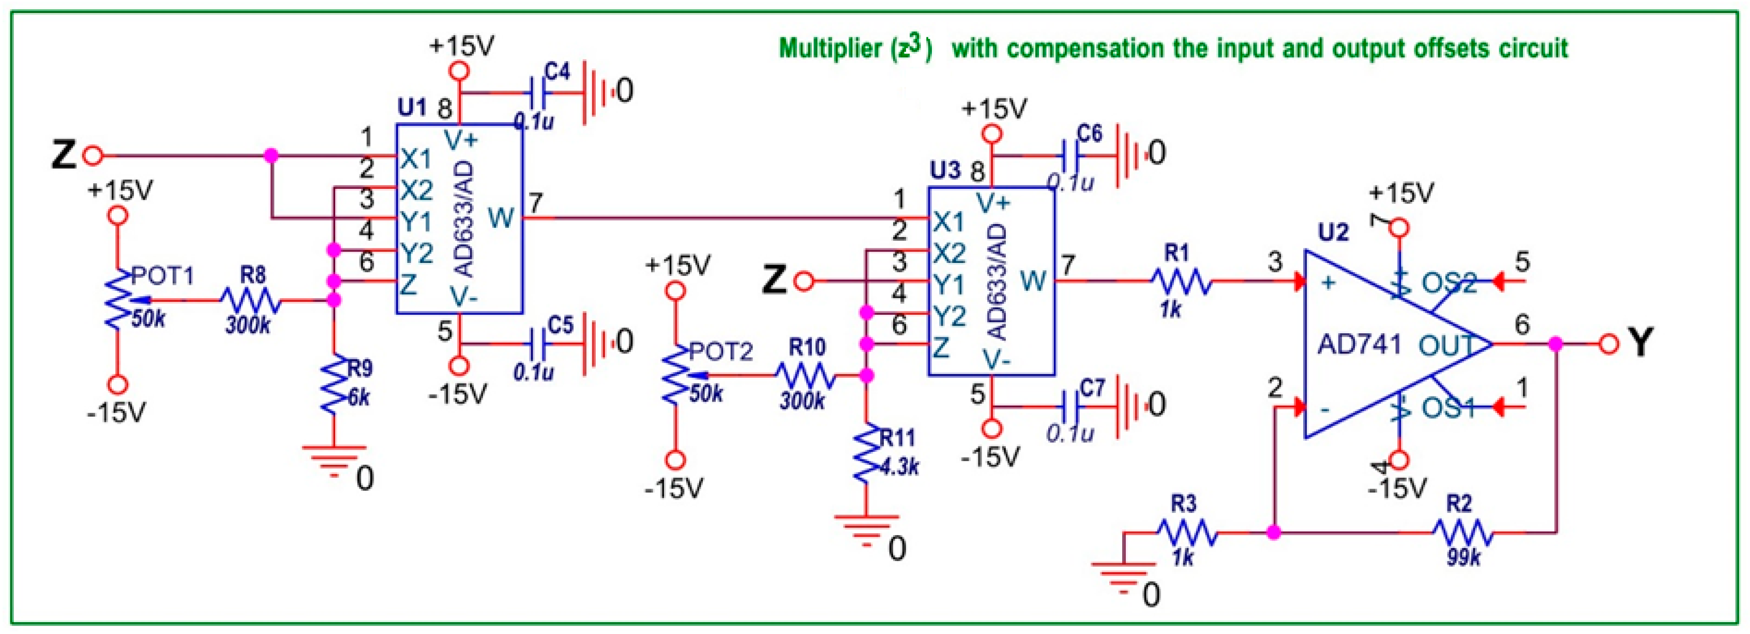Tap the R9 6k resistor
tap(334, 387)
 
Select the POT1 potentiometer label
tap(163, 276)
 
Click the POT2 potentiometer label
tap(721, 351)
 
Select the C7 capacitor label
tap(1092, 388)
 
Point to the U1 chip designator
tap(412, 107)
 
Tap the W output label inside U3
tap(1033, 280)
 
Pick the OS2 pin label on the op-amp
tap(1449, 283)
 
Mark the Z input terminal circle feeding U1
tap(93, 156)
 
